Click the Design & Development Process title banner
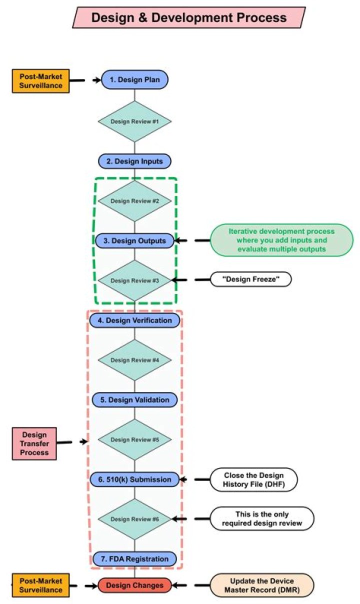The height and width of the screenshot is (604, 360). tap(189, 17)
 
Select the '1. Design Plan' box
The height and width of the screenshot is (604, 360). tap(134, 79)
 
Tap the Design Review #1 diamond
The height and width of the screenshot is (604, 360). tap(134, 121)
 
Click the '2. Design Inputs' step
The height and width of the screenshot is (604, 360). tap(134, 161)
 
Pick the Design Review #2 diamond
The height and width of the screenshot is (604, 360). tap(134, 201)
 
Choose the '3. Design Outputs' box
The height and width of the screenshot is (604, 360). tap(134, 240)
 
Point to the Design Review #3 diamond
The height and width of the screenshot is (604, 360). tap(134, 280)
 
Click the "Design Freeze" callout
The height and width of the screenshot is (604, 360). tap(250, 279)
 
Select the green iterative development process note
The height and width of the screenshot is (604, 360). tap(282, 240)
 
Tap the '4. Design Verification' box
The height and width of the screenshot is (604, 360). tap(134, 320)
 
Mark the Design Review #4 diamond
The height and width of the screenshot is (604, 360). tap(134, 360)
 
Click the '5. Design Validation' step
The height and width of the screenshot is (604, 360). tap(134, 399)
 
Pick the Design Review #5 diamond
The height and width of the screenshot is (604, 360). tap(134, 439)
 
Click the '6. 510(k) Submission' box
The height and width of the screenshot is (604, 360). tap(134, 479)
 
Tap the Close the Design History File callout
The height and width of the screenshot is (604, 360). tap(253, 479)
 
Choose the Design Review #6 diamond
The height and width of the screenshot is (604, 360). tap(134, 519)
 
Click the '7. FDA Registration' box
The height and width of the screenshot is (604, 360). tap(134, 558)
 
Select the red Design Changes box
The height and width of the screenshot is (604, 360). tap(134, 585)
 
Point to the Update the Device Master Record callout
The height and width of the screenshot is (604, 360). tap(262, 585)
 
